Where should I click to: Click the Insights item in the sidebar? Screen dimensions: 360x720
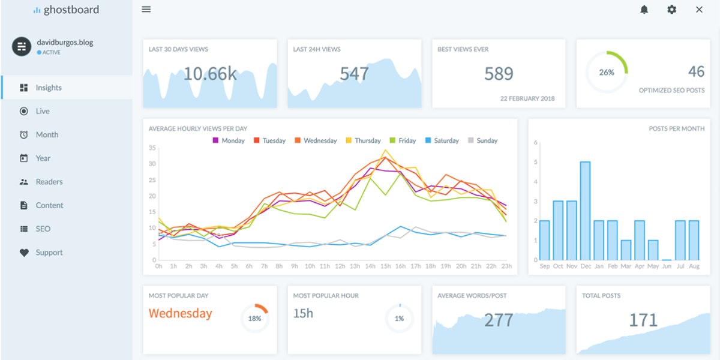pyautogui.click(x=48, y=88)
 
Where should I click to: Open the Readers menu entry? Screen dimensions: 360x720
pyautogui.click(x=49, y=182)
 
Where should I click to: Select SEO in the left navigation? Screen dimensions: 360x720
pyautogui.click(x=43, y=229)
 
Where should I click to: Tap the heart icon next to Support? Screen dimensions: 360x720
pyautogui.click(x=24, y=253)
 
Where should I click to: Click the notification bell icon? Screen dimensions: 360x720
pyautogui.click(x=644, y=10)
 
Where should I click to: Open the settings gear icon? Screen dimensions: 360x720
pyautogui.click(x=671, y=10)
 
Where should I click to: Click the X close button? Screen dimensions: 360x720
pyautogui.click(x=699, y=10)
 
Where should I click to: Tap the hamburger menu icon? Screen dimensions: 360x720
pyautogui.click(x=146, y=10)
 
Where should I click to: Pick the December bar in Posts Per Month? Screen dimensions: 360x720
pyautogui.click(x=585, y=211)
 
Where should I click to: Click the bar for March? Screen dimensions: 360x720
pyautogui.click(x=626, y=250)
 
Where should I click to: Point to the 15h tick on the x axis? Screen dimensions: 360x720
pyautogui.click(x=385, y=266)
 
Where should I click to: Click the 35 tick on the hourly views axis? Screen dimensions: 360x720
pyautogui.click(x=152, y=148)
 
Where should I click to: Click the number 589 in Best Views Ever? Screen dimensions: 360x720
pyautogui.click(x=499, y=74)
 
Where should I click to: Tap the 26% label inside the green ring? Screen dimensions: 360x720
pyautogui.click(x=607, y=72)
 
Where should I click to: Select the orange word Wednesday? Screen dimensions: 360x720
pyautogui.click(x=180, y=313)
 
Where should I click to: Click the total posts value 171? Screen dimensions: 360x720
pyautogui.click(x=643, y=320)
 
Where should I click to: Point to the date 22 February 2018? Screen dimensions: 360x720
pyautogui.click(x=527, y=98)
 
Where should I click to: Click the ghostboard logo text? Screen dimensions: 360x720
pyautogui.click(x=71, y=10)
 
